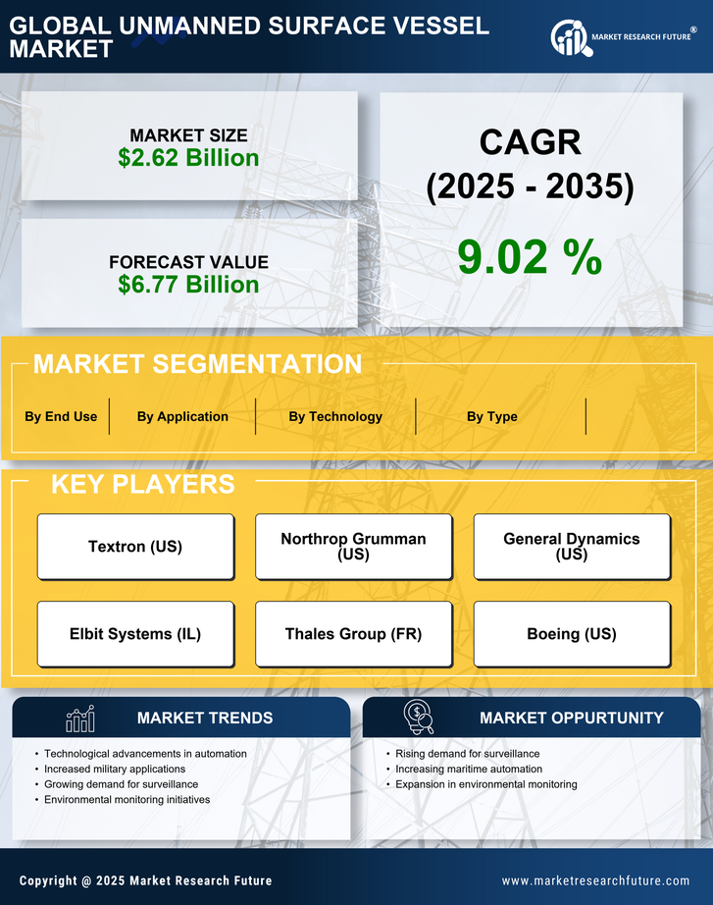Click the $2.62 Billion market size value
[188, 158]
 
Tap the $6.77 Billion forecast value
[188, 285]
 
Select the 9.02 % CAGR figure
[530, 256]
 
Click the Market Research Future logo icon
[569, 37]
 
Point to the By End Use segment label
[61, 416]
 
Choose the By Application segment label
[182, 416]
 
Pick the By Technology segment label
[335, 416]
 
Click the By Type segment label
[491, 416]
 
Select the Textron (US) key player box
[135, 547]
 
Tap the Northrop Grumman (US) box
[353, 547]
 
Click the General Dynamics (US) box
[572, 547]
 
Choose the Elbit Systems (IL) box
[135, 634]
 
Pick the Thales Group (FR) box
[353, 634]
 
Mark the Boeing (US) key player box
[572, 634]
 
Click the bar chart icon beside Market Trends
[79, 719]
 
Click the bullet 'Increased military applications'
[115, 770]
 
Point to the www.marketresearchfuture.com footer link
[595, 880]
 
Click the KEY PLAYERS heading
[142, 484]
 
